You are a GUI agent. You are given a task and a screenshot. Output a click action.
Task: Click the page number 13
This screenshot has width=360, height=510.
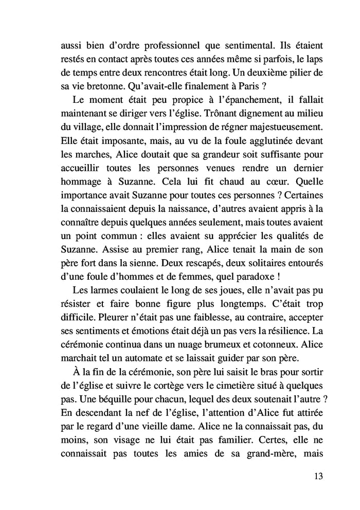click(317, 475)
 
